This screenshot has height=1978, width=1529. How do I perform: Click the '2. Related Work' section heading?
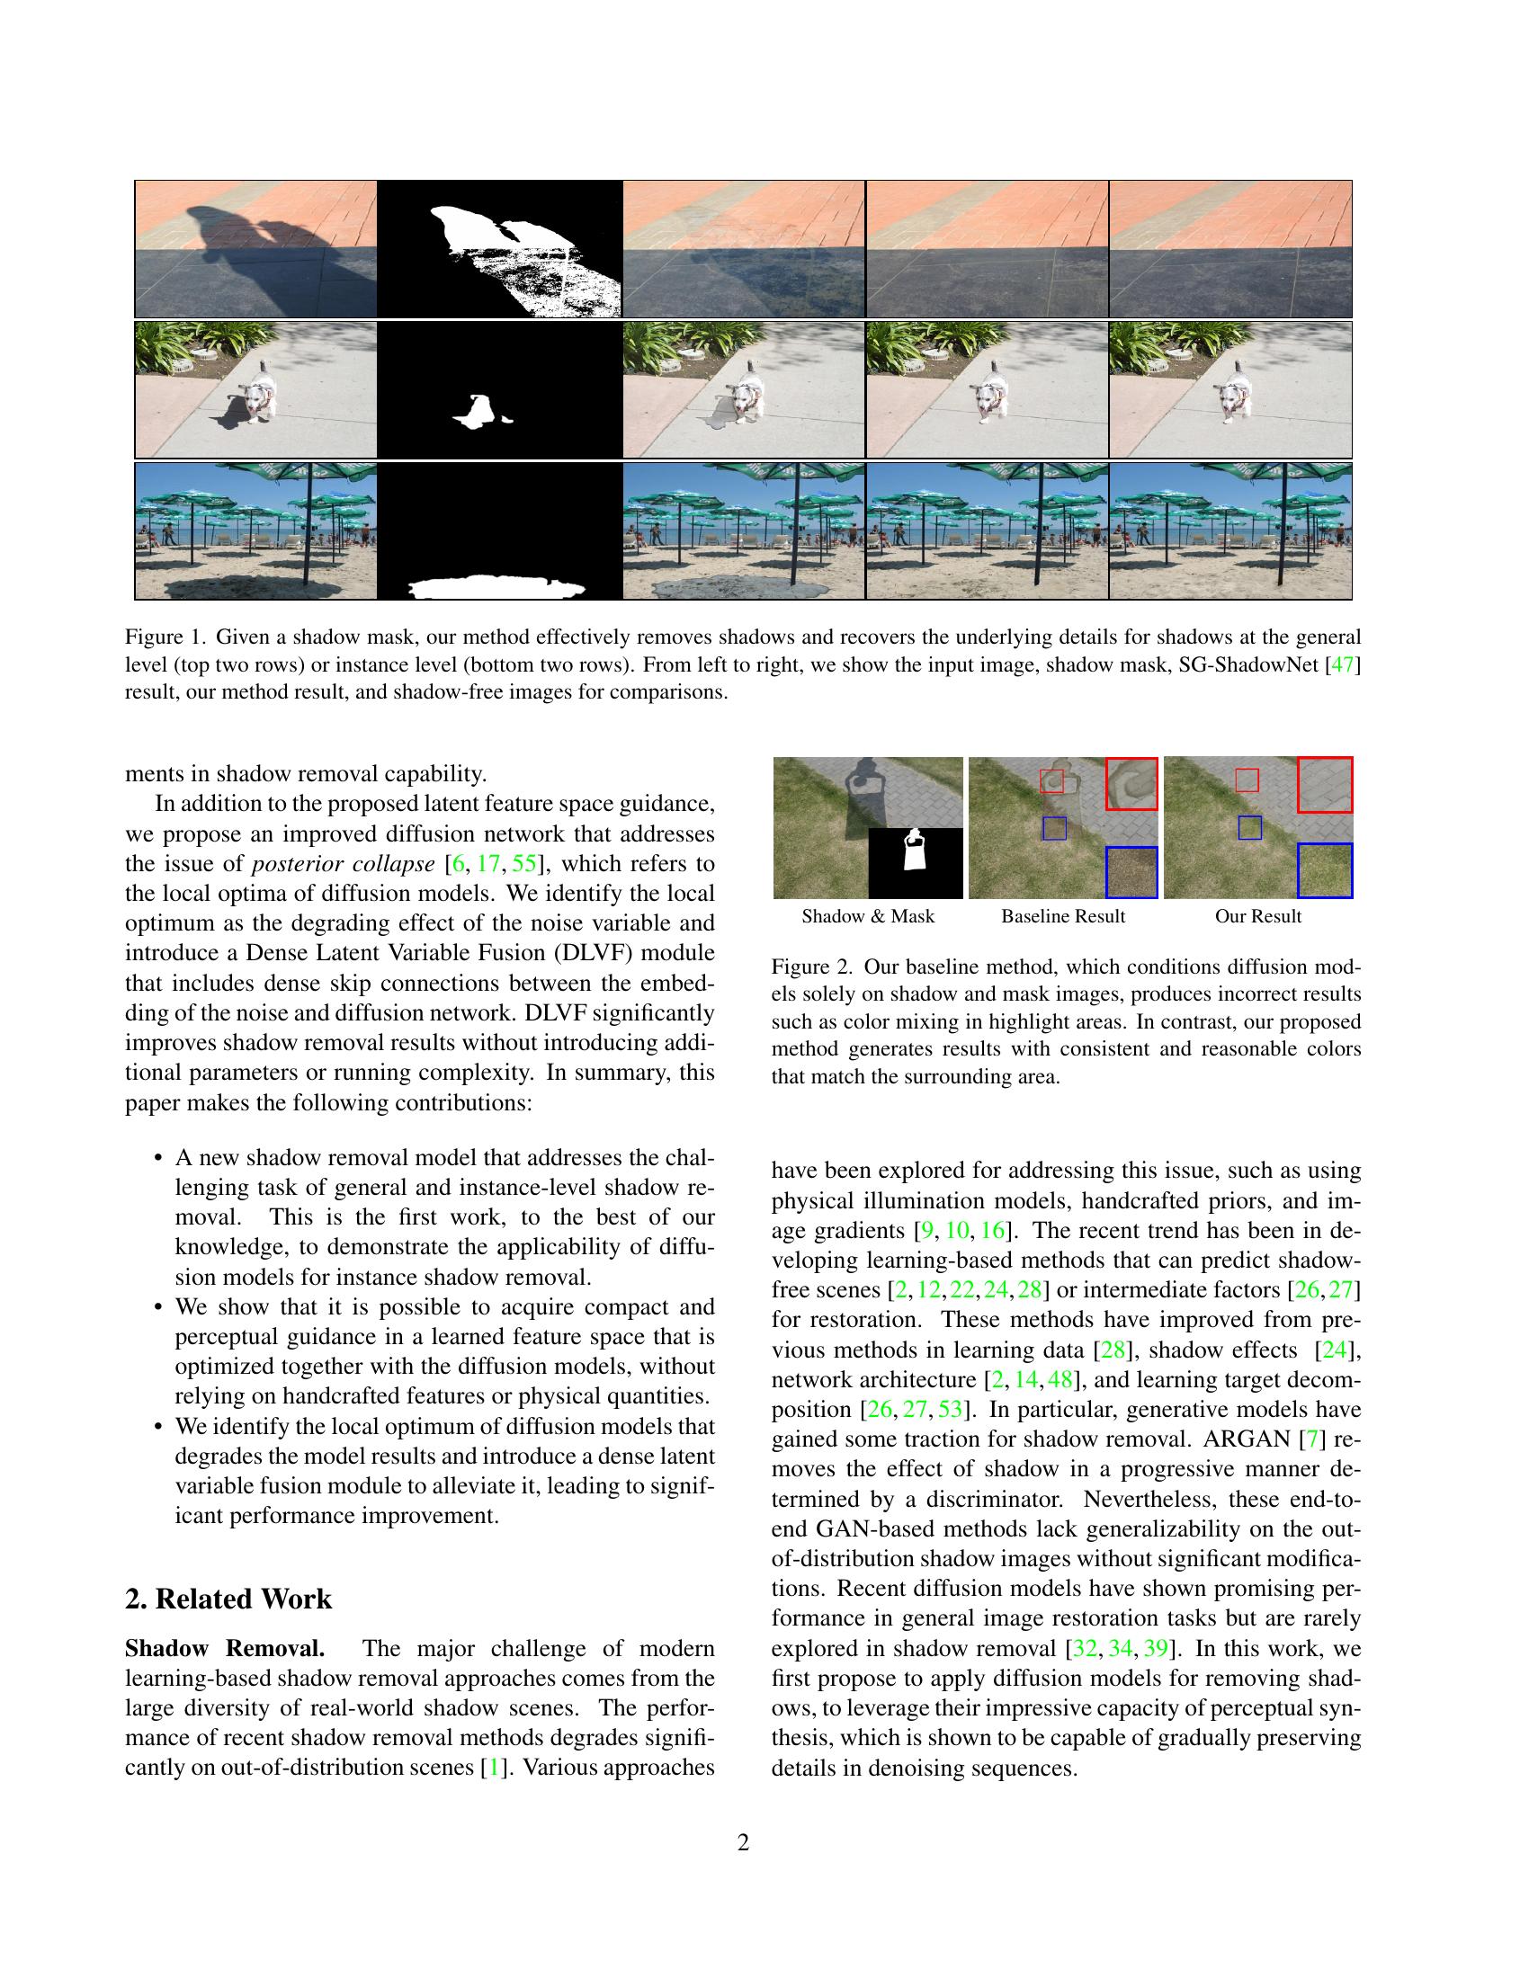coord(228,1599)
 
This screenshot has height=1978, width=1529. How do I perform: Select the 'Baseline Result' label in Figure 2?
coord(1062,915)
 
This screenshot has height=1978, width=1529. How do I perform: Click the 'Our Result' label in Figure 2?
coord(1257,915)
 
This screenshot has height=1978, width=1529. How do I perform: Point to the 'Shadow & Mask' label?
coord(868,915)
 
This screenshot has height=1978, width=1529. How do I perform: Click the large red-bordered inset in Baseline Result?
coord(1131,783)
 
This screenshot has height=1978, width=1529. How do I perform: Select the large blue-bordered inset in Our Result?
coord(1325,870)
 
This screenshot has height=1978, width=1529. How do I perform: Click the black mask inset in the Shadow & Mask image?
coord(915,862)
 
